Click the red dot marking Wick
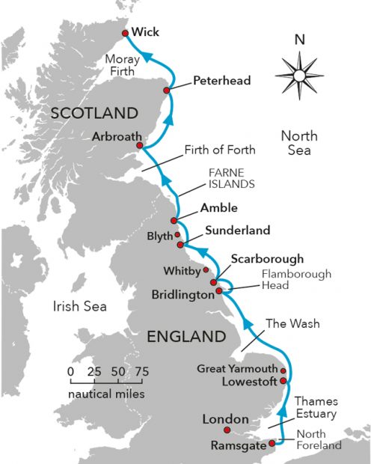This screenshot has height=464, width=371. (125, 33)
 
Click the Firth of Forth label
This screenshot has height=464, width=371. (220, 150)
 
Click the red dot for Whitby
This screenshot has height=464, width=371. (206, 269)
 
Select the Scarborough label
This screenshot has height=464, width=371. (267, 259)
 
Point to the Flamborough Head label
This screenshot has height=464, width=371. (296, 280)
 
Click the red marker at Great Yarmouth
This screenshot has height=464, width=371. (283, 370)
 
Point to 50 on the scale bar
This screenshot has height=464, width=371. (115, 371)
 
